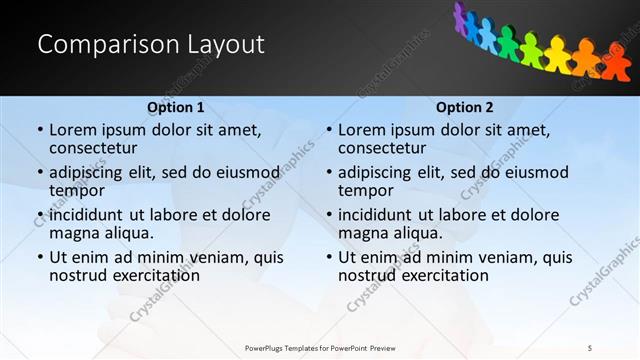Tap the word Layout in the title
click(x=223, y=45)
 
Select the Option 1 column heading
click(x=176, y=107)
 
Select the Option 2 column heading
click(x=465, y=107)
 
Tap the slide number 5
click(x=590, y=347)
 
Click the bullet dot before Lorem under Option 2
click(x=329, y=130)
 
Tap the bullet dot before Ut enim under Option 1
click(x=40, y=257)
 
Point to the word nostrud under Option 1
click(x=79, y=275)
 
